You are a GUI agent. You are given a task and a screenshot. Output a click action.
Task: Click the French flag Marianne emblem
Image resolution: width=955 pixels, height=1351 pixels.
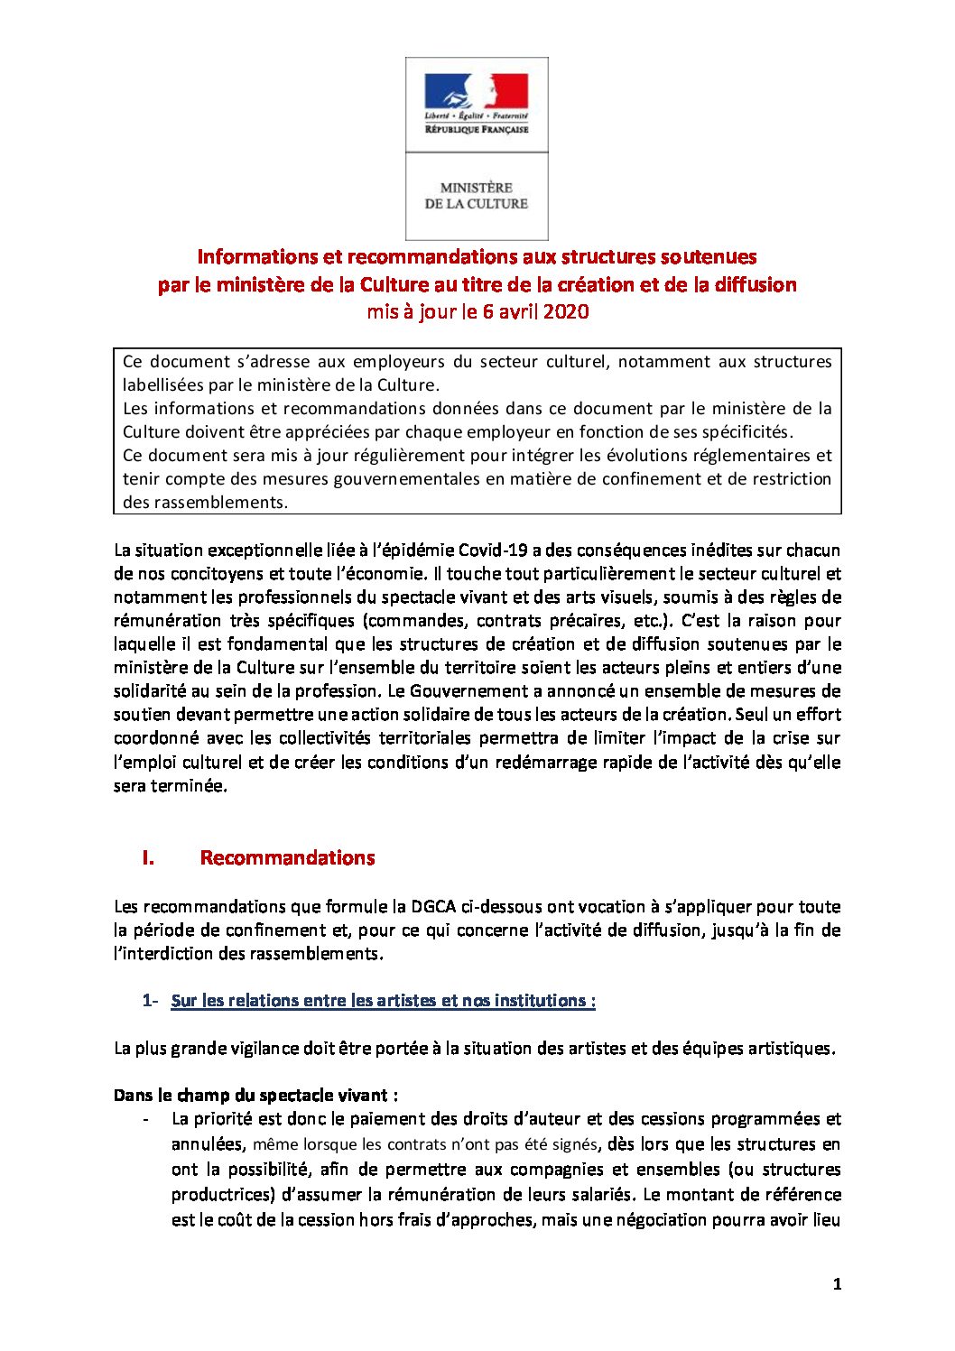[x=477, y=91]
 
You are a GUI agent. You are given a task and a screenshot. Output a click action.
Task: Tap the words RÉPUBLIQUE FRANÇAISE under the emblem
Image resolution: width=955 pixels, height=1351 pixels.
[x=477, y=130]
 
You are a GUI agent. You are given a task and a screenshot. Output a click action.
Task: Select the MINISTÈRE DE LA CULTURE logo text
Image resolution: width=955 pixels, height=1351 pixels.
[x=477, y=196]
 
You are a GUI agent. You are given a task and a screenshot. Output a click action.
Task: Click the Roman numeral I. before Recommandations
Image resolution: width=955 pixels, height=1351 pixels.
[x=148, y=858]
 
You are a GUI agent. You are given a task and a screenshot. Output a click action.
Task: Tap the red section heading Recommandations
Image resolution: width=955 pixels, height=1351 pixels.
[x=287, y=858]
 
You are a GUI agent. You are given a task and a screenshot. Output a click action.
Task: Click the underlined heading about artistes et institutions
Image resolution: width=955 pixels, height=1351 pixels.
[x=383, y=1001]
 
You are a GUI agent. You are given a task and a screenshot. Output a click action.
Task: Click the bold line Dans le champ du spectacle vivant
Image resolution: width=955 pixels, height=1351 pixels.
[x=255, y=1096]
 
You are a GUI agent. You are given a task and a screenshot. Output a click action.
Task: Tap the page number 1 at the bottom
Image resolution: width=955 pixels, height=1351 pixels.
[x=837, y=1284]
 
